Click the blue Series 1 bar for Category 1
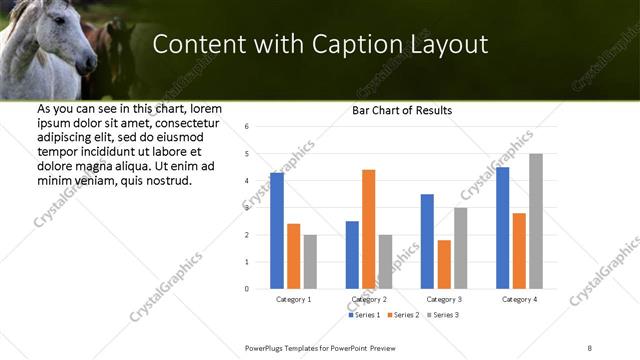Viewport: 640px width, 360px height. coord(277,231)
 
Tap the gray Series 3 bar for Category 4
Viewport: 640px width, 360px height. coord(536,221)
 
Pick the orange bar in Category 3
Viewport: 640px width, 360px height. coord(444,264)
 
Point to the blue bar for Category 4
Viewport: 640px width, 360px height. coord(502,228)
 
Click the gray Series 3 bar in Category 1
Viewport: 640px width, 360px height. coord(310,262)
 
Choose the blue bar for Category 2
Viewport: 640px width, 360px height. coord(352,255)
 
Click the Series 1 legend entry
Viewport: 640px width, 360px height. coord(364,315)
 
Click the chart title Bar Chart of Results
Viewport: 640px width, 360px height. coord(402,110)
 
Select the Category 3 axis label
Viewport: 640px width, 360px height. coord(444,299)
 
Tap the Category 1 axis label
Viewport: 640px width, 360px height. coord(293,299)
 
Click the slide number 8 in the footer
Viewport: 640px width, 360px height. coord(590,347)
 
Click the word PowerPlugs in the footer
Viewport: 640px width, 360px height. coord(267,347)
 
